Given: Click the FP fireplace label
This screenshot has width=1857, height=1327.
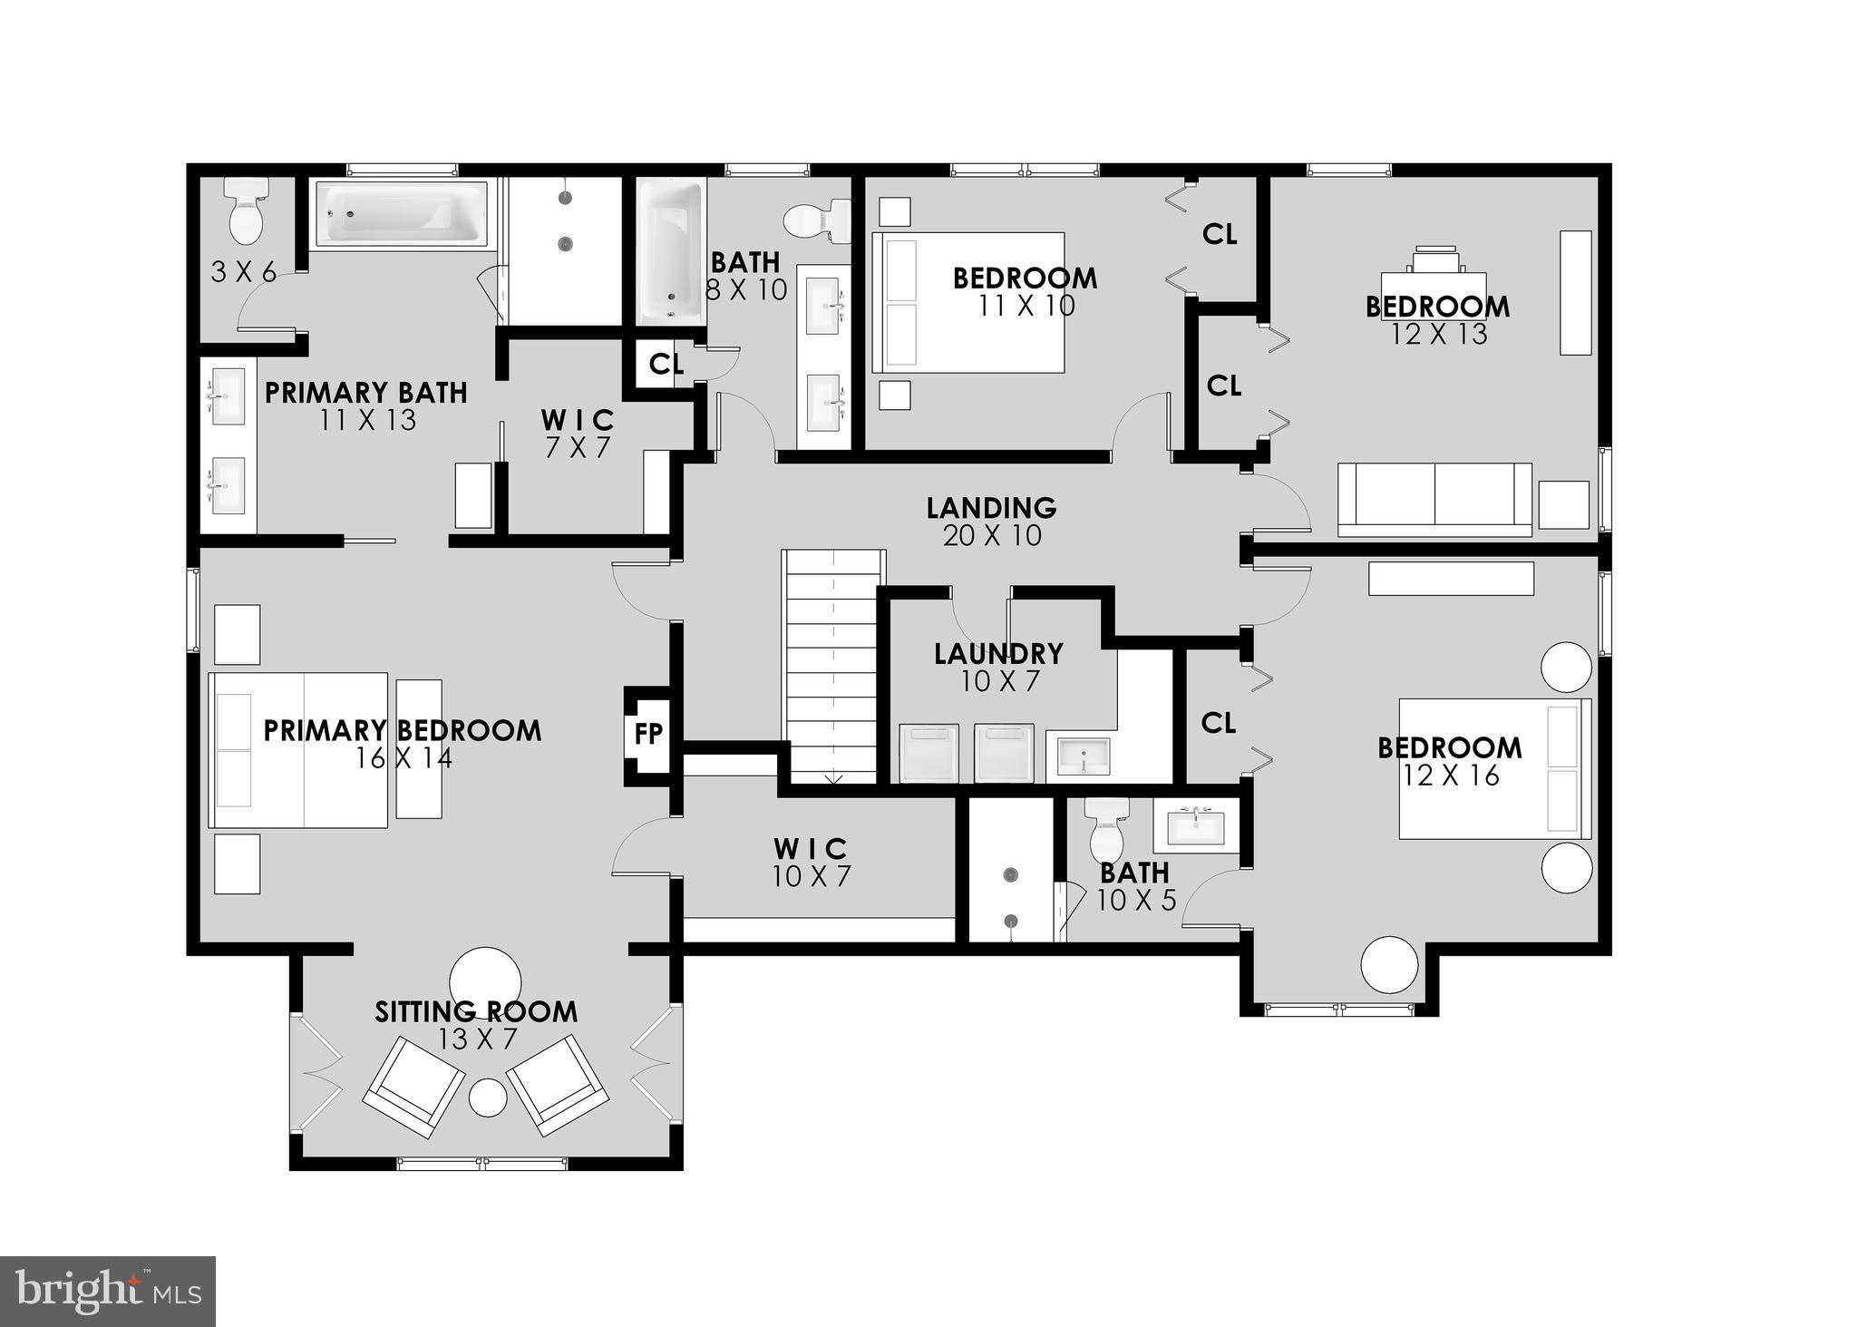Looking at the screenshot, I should (x=648, y=733).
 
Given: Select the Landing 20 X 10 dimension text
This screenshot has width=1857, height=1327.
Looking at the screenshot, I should (x=992, y=536).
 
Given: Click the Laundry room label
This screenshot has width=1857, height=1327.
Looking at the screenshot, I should (x=998, y=653).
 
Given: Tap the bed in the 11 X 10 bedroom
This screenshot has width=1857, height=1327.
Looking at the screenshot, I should (x=967, y=302).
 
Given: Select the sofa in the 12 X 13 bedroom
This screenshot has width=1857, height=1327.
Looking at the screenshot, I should (x=1434, y=498).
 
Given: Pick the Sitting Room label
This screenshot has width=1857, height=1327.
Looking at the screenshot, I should (x=476, y=1011).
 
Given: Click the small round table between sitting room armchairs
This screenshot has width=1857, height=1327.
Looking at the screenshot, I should (x=488, y=1098).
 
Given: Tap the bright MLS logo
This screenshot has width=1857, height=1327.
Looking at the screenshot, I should (x=108, y=1292).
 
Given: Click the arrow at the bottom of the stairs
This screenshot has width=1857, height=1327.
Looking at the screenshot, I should (x=833, y=777).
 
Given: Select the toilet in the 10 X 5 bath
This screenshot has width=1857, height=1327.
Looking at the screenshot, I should (x=1105, y=830).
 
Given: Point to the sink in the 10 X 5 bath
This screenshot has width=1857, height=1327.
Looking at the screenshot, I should (x=1195, y=826).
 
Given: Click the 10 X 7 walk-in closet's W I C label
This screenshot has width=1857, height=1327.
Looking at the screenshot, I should (x=811, y=849).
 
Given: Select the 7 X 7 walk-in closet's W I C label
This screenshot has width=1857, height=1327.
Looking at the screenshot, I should (x=578, y=420).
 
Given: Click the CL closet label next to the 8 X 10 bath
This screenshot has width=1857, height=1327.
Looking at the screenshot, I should (x=666, y=365).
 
